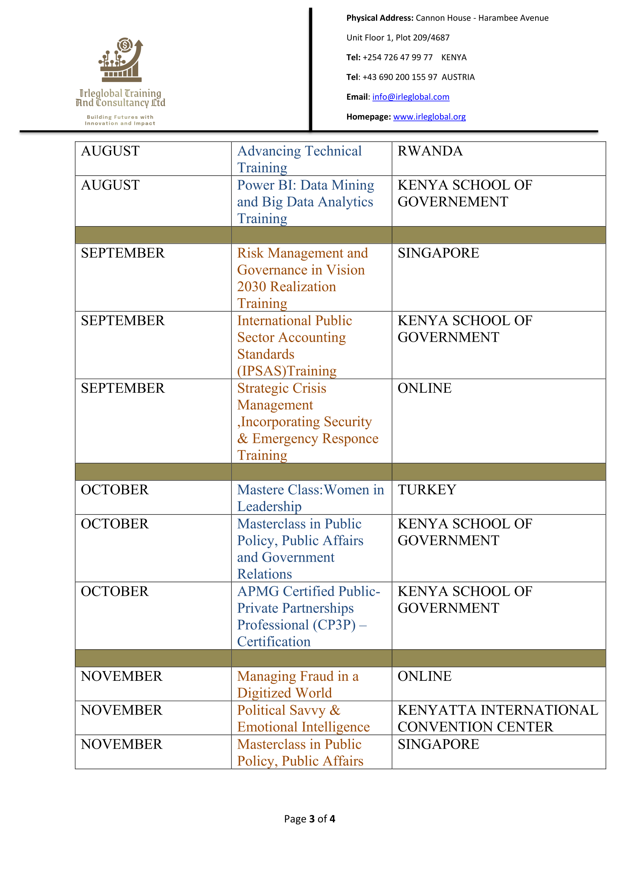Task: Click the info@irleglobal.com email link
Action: (410, 97)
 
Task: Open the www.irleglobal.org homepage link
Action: (429, 117)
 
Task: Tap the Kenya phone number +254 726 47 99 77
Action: (397, 58)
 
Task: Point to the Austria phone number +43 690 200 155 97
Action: (400, 77)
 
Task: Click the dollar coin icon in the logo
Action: (125, 45)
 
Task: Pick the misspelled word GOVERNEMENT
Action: (453, 202)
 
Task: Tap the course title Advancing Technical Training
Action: (300, 159)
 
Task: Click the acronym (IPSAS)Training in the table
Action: (287, 371)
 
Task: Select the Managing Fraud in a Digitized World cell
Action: (297, 684)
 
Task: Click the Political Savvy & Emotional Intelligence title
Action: (303, 718)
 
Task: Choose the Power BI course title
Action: (305, 202)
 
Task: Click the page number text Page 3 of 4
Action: (309, 819)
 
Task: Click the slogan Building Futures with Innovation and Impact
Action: (120, 120)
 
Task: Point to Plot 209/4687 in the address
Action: (422, 38)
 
